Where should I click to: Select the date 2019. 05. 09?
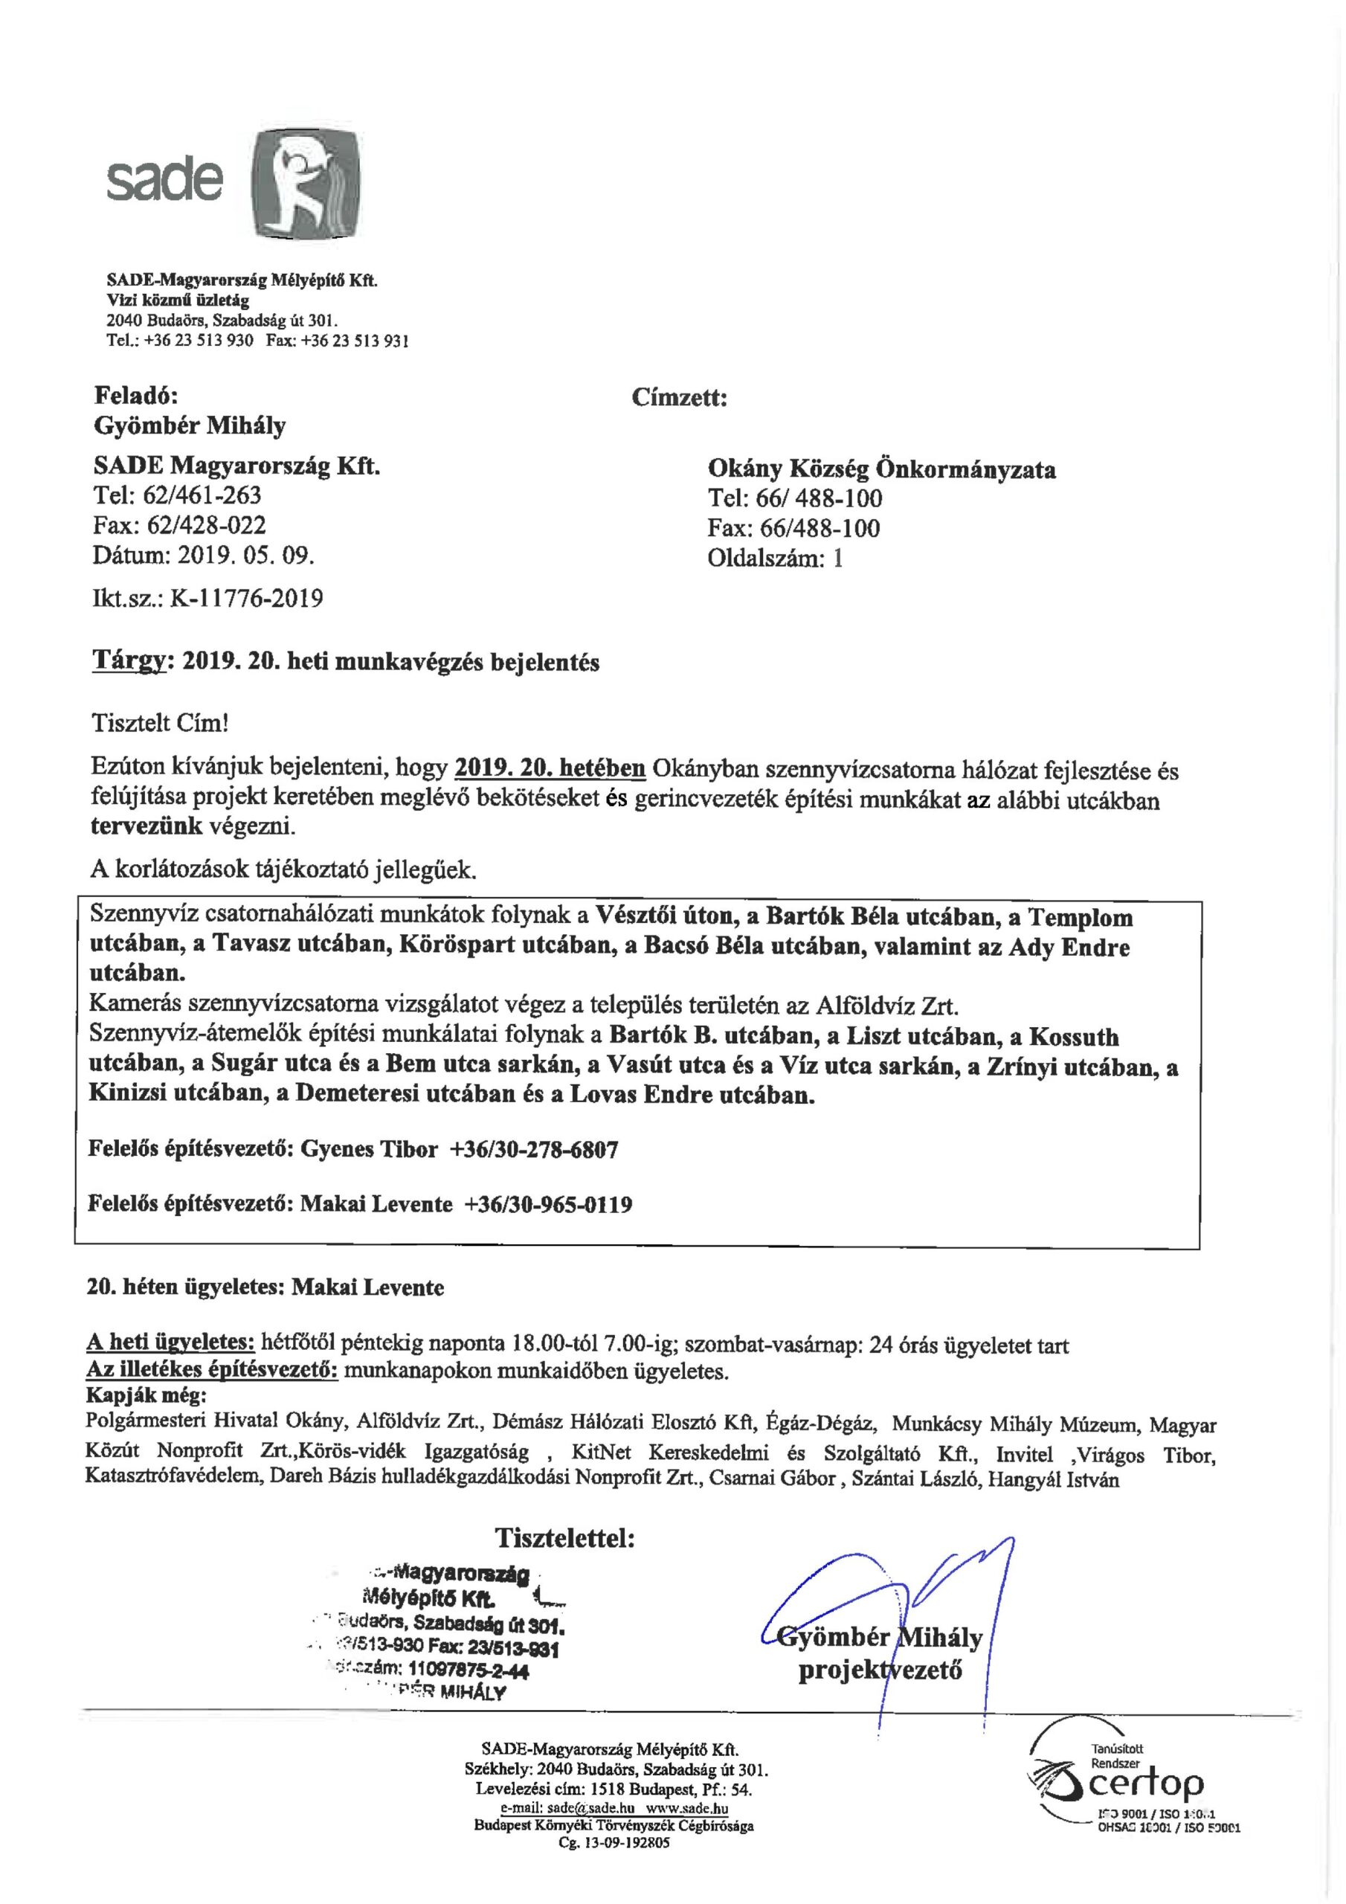pos(246,555)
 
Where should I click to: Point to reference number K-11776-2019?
pos(246,598)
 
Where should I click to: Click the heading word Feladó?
pos(135,396)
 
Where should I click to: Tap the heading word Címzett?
pos(679,398)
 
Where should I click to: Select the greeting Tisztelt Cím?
pos(159,722)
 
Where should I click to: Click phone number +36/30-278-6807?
pos(533,1149)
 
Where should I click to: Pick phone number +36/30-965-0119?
pos(548,1204)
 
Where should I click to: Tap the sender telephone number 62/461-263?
pos(202,495)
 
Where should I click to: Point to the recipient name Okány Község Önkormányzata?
pos(881,469)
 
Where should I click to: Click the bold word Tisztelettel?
pos(564,1538)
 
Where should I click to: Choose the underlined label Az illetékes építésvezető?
pos(212,1371)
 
